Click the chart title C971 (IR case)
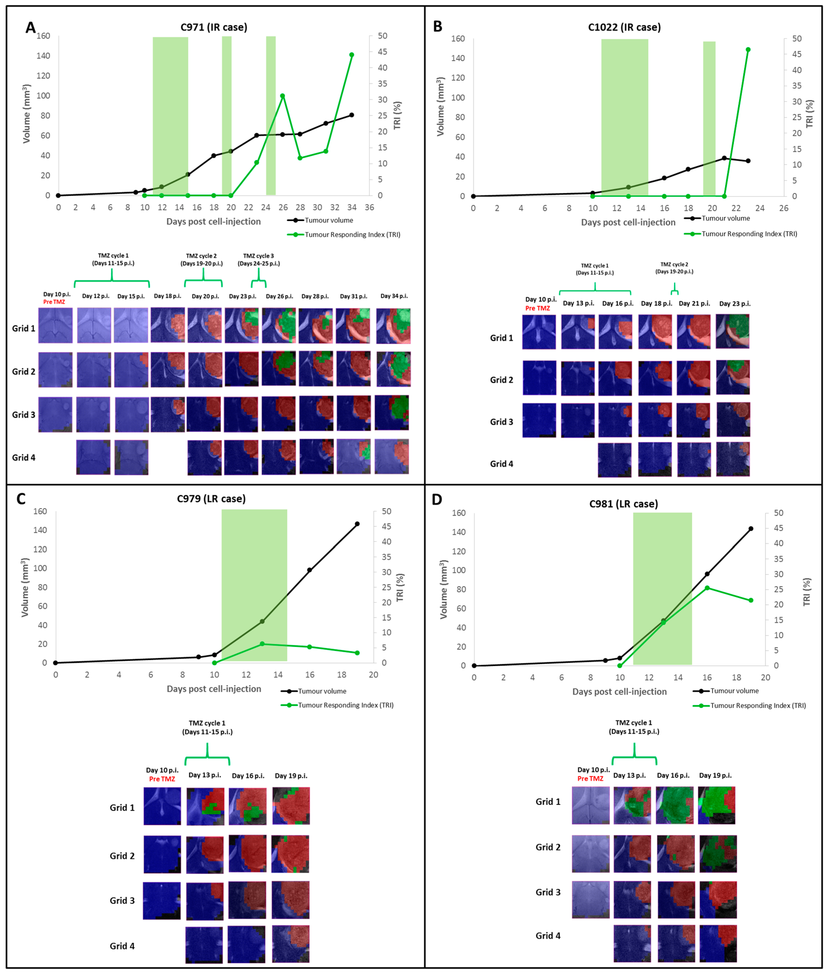[x=214, y=27]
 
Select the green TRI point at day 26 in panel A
[x=282, y=96]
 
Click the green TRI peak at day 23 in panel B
[x=748, y=50]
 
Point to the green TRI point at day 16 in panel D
[x=707, y=588]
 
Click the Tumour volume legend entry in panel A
[x=328, y=220]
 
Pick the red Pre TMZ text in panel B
[x=537, y=308]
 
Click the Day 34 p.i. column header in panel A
[x=394, y=296]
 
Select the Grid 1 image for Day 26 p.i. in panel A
[x=279, y=325]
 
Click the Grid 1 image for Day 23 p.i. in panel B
[x=732, y=331]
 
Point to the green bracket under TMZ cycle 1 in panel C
[x=207, y=757]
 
